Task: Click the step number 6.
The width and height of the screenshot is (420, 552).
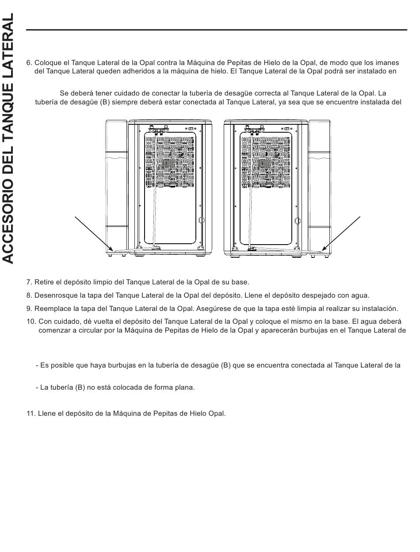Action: (29, 63)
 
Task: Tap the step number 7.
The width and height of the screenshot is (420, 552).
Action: (29, 282)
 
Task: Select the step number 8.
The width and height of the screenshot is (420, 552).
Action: (29, 295)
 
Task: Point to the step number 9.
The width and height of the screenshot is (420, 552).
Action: (29, 309)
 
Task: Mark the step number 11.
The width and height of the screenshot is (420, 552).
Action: (31, 414)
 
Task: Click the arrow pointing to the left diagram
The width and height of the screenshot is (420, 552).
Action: (93, 233)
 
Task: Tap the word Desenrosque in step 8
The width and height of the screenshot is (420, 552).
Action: (54, 295)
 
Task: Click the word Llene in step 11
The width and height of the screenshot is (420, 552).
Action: (46, 414)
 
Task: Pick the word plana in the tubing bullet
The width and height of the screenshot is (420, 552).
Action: (185, 387)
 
